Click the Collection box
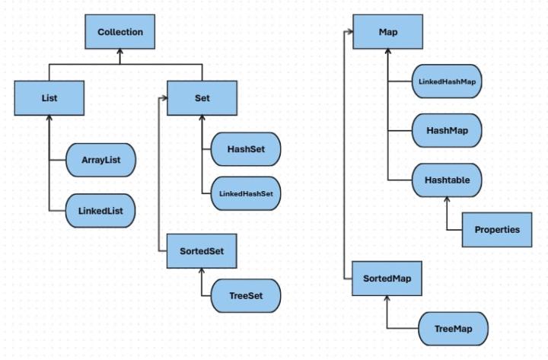(x=120, y=32)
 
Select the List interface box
(x=48, y=98)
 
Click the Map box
(x=387, y=32)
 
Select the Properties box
(x=496, y=229)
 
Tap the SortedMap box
(x=387, y=279)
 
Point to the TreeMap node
(x=452, y=329)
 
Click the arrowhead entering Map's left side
(x=350, y=32)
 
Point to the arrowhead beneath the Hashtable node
(x=447, y=199)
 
